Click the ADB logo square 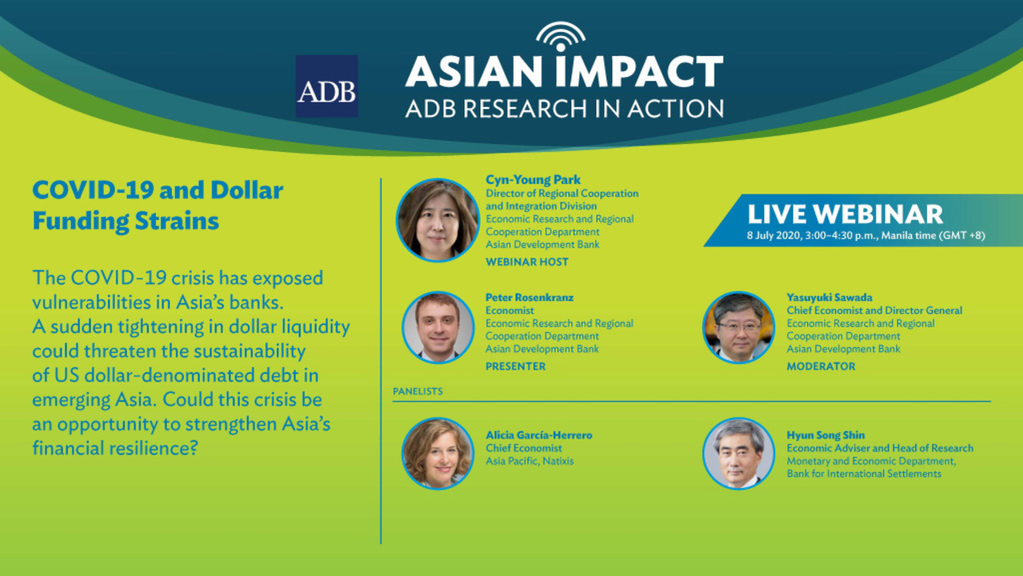click(327, 86)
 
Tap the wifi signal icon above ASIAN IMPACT click(561, 36)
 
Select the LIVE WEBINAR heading click(845, 214)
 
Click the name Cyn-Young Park click(533, 180)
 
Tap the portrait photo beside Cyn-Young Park click(437, 220)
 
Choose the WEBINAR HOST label click(527, 262)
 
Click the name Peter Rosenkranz click(529, 297)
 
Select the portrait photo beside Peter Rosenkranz click(438, 327)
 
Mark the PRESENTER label click(515, 366)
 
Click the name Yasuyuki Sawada click(830, 297)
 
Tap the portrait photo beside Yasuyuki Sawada click(738, 327)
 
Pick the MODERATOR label click(821, 366)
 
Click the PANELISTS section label click(418, 391)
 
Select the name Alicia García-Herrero click(539, 435)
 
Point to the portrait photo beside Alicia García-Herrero click(438, 454)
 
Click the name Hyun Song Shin click(826, 435)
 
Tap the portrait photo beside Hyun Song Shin click(738, 454)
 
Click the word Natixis click(558, 461)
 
